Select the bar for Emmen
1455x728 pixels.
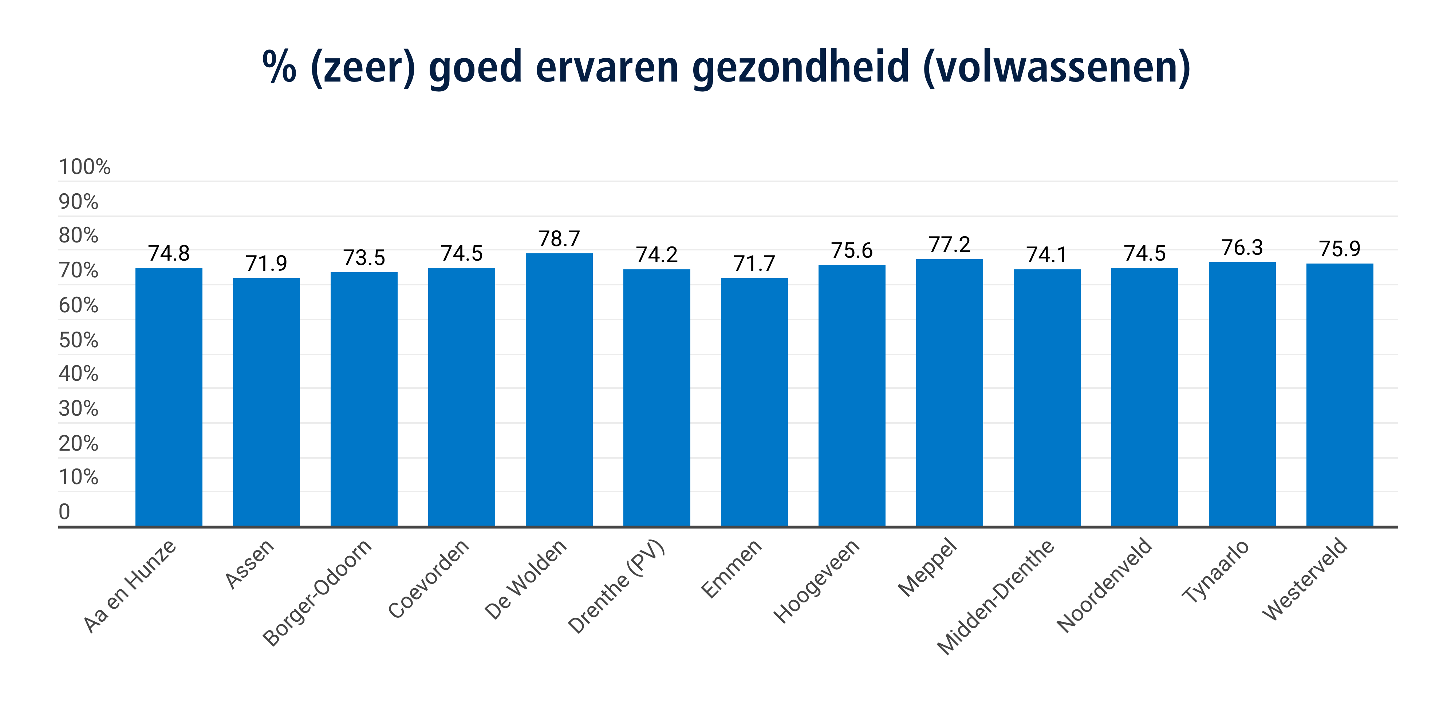[754, 402]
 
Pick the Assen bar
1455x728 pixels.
[266, 402]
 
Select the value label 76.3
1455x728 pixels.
[1242, 248]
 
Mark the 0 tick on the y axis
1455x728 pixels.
[64, 512]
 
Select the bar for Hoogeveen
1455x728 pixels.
[851, 395]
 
